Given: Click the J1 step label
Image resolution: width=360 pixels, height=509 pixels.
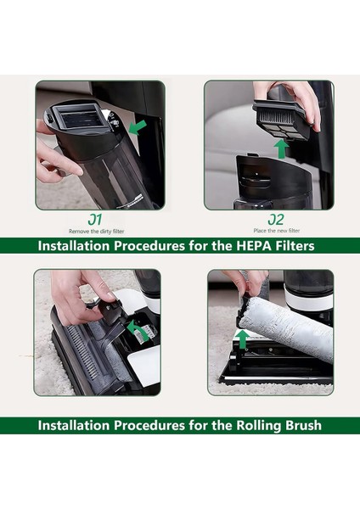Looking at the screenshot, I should pos(99,220).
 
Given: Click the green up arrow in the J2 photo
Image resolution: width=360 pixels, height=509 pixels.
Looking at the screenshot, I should pos(279,149).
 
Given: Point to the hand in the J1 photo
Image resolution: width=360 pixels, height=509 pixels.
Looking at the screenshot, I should pos(55,153).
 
